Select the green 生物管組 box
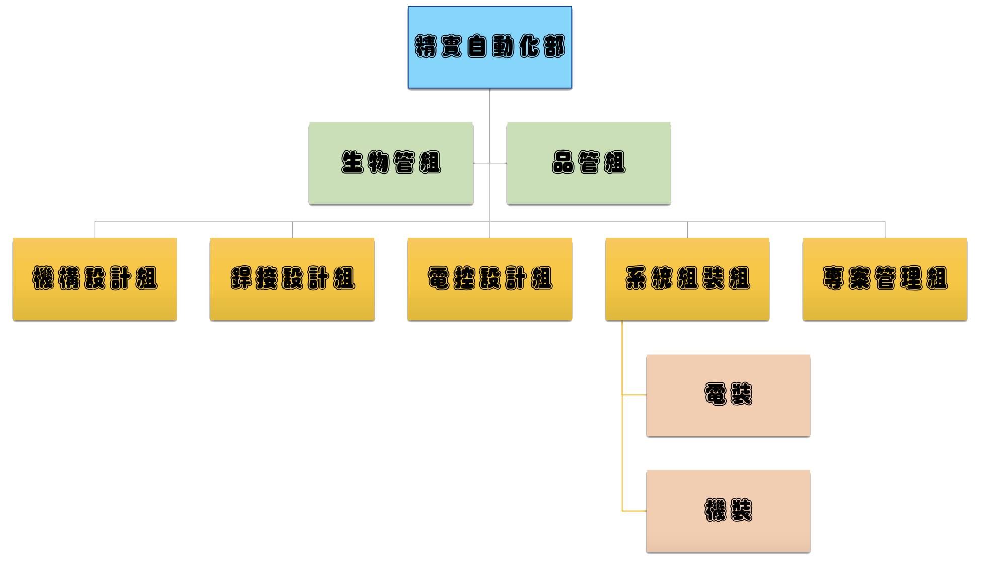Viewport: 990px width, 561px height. click(391, 186)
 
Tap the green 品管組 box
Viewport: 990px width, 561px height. click(588, 186)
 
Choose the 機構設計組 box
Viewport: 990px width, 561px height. click(95, 302)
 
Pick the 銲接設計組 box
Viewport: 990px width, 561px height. click(292, 302)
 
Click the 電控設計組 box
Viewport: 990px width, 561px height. click(489, 302)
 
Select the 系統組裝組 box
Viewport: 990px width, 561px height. click(687, 302)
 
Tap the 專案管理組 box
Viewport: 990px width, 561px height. click(885, 302)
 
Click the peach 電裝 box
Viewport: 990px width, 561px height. click(728, 418)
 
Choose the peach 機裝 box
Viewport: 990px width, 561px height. click(728, 534)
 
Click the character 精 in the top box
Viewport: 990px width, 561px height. click(426, 46)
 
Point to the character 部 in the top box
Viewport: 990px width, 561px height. click(554, 46)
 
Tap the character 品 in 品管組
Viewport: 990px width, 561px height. click(563, 162)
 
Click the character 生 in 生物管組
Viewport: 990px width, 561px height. click(352, 162)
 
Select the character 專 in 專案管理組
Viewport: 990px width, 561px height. click(834, 278)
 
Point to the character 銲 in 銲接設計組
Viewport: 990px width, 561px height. click(241, 278)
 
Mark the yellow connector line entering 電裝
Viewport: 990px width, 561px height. click(634, 395)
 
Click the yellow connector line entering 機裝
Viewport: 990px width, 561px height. click(634, 511)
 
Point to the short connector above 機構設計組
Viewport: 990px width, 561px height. click(95, 230)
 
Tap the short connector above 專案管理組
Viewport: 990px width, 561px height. click(885, 230)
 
